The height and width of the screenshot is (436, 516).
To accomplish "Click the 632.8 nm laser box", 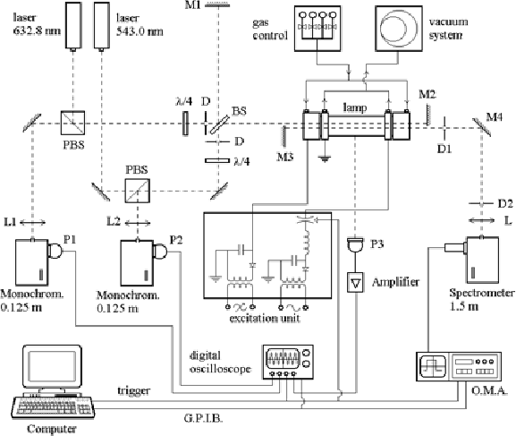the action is coord(73,25).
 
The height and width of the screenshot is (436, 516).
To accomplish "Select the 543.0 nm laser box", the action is coord(102,25).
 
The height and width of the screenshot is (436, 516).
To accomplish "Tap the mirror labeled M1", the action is coord(217,5).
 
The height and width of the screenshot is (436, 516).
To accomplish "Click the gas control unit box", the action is coord(317,29).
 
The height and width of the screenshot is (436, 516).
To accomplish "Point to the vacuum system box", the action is coord(399,29).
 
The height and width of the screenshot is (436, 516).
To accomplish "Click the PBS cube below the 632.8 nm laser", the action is coord(73,123).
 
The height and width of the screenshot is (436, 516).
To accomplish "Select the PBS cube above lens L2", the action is coord(137,191).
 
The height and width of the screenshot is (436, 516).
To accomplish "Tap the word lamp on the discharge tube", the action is coord(355,107).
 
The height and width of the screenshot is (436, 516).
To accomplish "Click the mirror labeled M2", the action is coord(427,115).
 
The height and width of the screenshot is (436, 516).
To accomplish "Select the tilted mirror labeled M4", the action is coord(482,127).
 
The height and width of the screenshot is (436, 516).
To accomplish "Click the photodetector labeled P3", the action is coord(355,245).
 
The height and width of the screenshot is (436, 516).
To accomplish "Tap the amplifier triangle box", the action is coord(355,282).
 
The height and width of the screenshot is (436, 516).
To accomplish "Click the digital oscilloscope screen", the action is coord(283,358).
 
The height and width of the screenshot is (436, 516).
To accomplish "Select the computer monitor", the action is coord(52,365).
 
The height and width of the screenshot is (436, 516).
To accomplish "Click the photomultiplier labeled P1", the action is coord(55,251).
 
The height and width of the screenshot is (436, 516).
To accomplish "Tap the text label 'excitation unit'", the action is coord(265,319).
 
